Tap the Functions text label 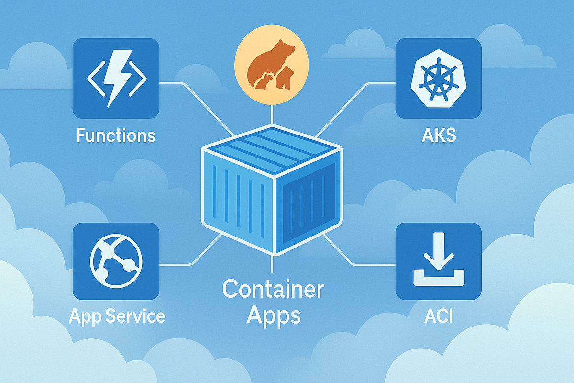tap(116, 135)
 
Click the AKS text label tap(439, 135)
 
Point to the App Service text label tap(117, 316)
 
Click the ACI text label tap(438, 316)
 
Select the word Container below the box tap(273, 290)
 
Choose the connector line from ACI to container tap(347, 256)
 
